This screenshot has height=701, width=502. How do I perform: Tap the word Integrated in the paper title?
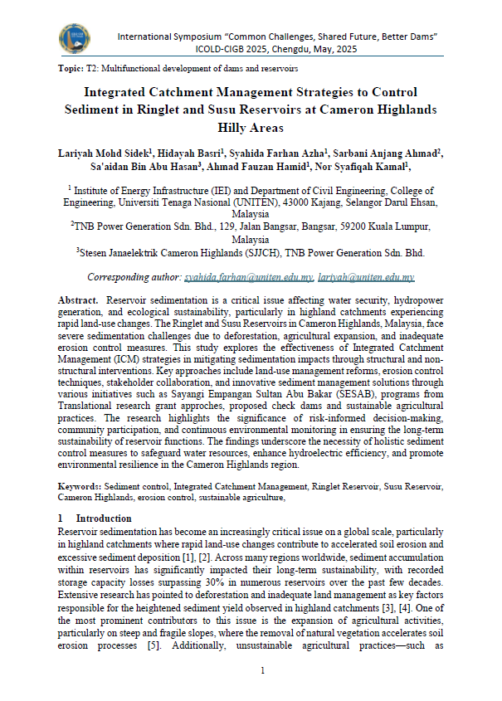coord(125,91)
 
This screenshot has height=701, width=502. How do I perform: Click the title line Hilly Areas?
coord(250,128)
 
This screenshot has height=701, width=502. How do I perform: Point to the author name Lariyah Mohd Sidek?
coord(102,153)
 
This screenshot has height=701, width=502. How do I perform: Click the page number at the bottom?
coord(261,671)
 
